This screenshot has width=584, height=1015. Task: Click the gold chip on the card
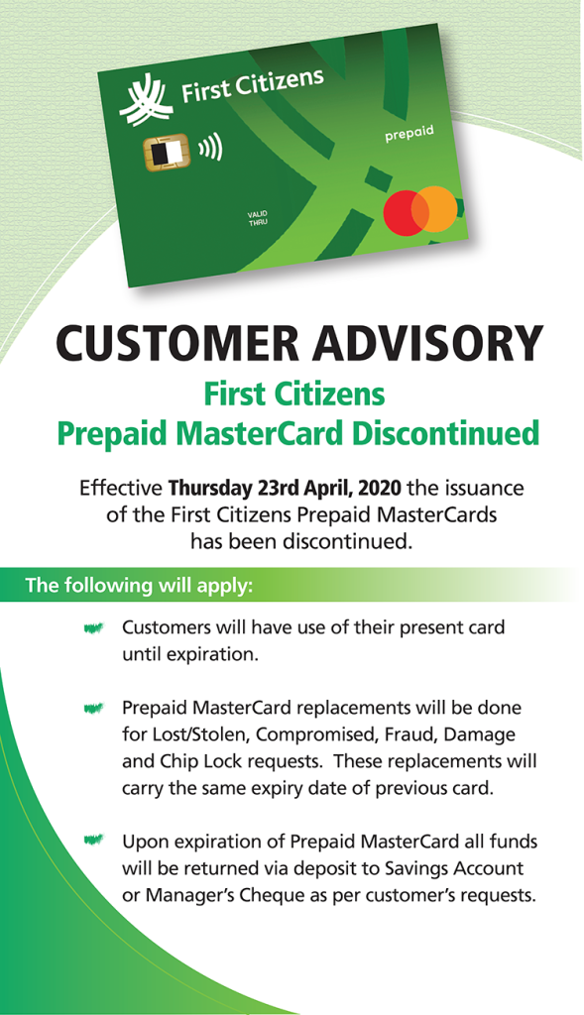tap(167, 153)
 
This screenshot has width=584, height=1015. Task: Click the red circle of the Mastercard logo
tap(406, 212)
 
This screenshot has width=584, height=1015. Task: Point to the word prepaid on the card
tap(409, 134)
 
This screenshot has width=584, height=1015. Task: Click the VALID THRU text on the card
tap(258, 218)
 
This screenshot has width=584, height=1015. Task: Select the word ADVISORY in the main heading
tap(428, 342)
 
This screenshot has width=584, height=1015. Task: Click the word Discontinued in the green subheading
tap(445, 432)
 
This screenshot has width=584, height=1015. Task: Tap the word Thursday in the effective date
tap(210, 488)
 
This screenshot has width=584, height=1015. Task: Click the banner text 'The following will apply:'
tap(139, 585)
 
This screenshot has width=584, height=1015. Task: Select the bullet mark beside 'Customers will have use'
tap(93, 627)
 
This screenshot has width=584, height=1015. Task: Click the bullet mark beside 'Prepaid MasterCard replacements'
tap(93, 708)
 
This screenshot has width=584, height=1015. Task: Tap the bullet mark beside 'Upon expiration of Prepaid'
tap(93, 841)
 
